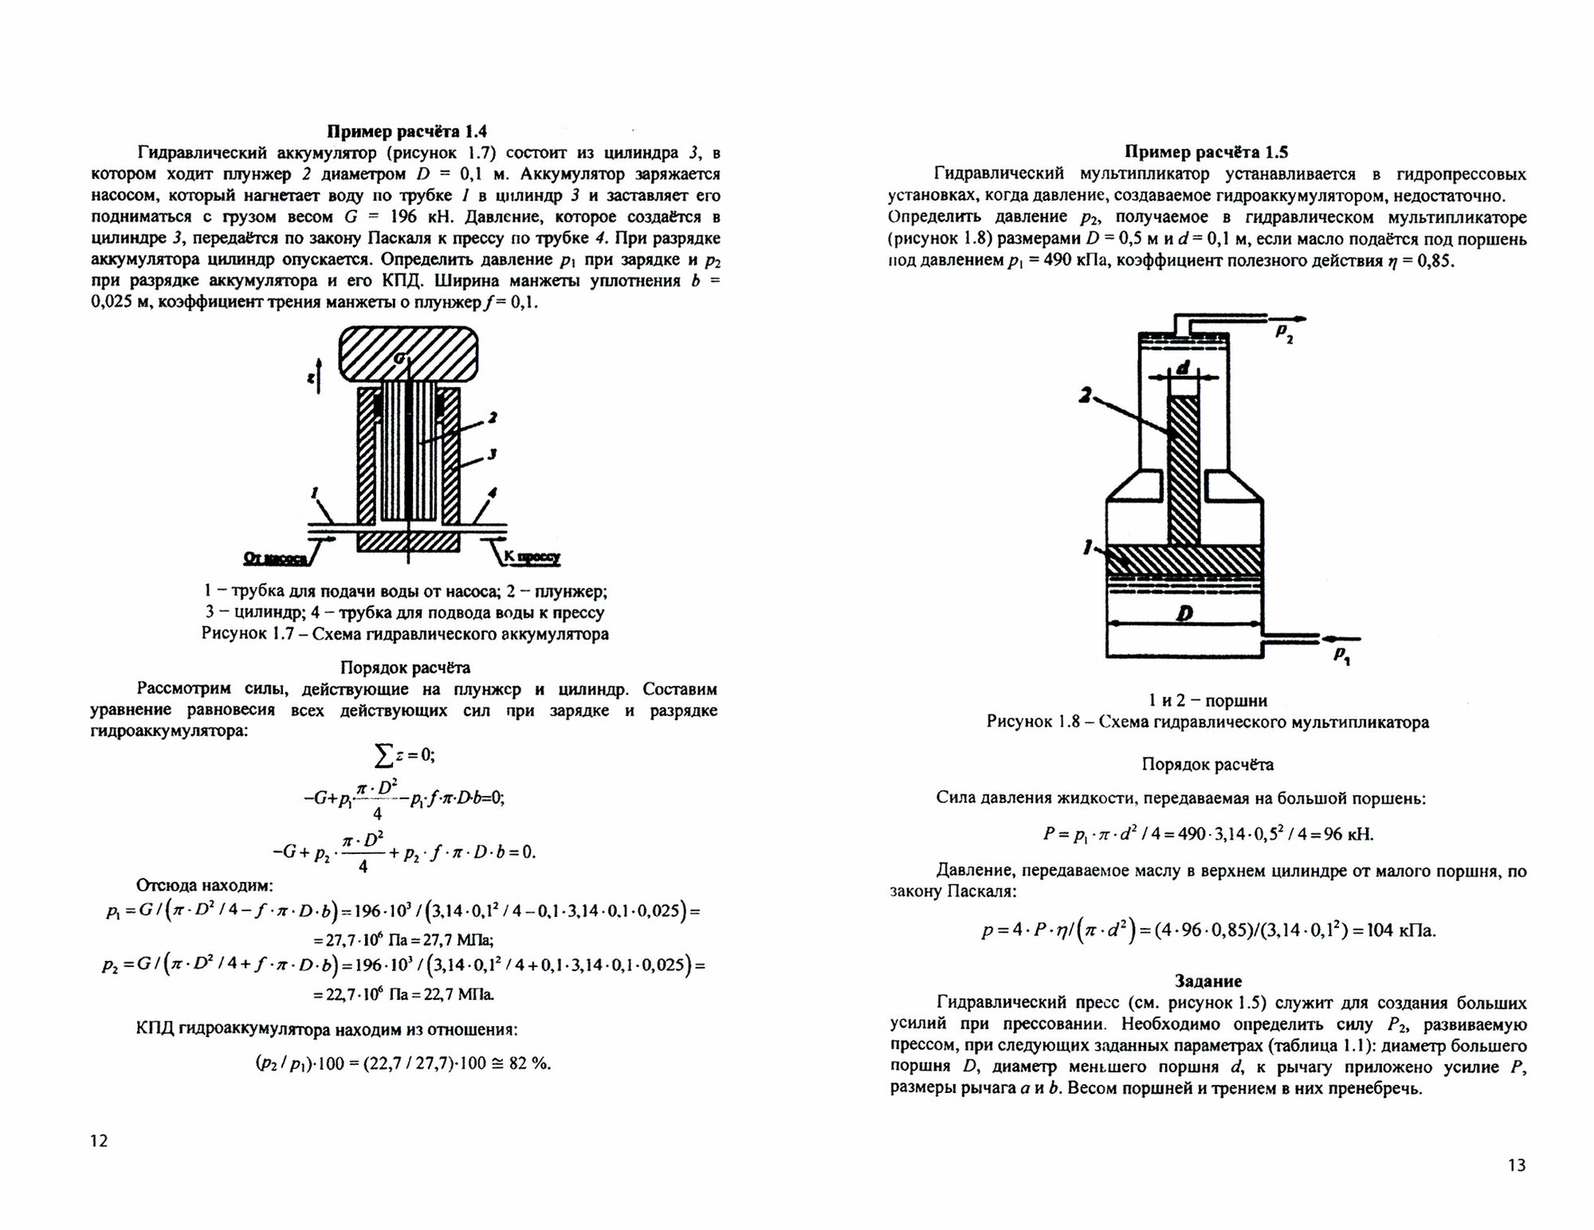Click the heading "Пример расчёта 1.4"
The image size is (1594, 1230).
406,131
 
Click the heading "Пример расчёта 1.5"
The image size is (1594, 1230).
1206,152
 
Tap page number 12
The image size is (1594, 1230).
99,1141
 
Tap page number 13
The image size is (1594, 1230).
1517,1165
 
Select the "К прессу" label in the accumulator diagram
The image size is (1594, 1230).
532,558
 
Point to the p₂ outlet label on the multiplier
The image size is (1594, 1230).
1284,332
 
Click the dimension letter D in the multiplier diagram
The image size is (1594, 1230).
1184,614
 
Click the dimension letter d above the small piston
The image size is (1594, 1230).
1184,368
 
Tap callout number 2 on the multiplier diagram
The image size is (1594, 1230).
1086,394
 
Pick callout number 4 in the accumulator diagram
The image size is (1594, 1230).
493,493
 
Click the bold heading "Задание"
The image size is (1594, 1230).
1207,981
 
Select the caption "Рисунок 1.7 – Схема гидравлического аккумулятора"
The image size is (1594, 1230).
405,634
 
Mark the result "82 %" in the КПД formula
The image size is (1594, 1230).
529,1064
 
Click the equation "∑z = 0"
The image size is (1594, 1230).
404,754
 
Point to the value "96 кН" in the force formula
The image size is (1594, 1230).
1350,835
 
